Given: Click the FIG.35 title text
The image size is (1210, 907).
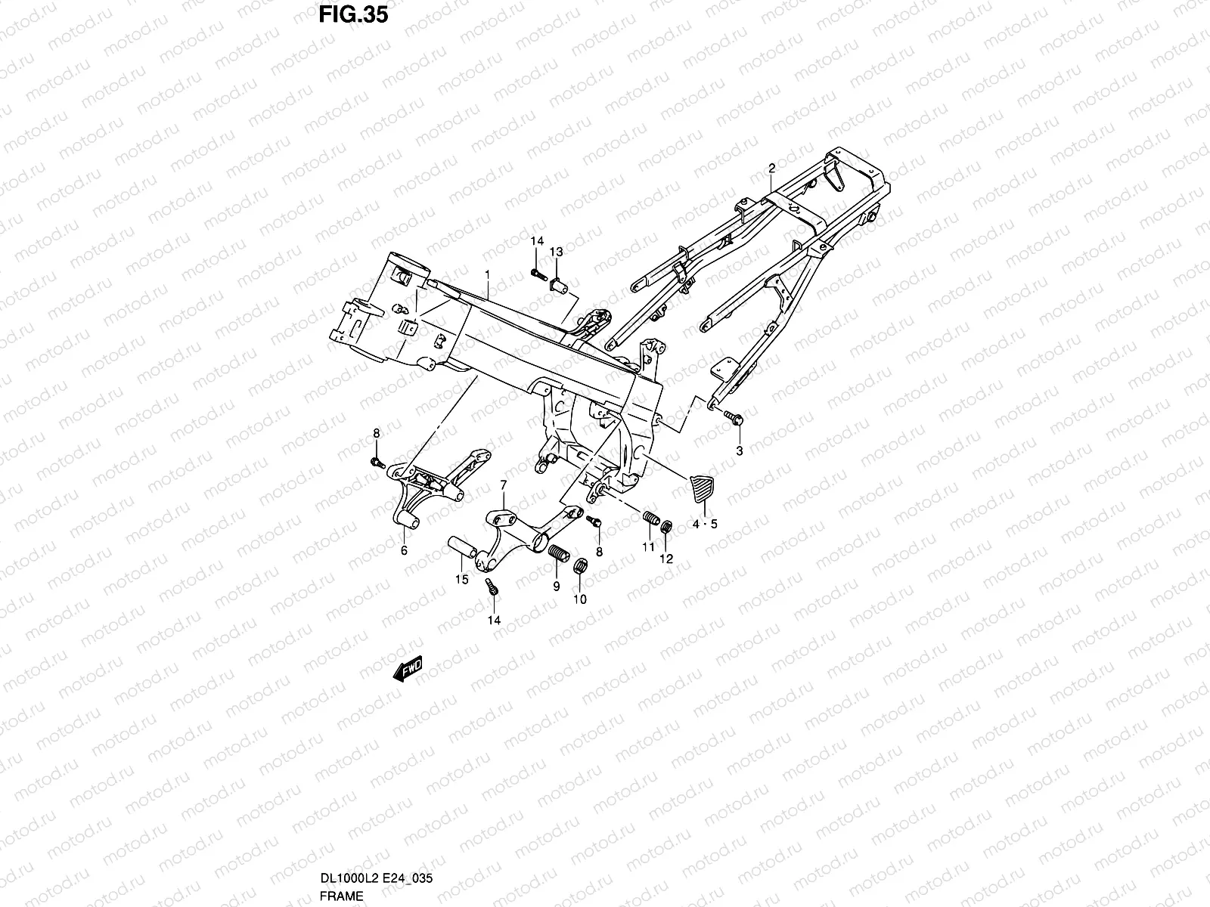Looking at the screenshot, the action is [x=353, y=15].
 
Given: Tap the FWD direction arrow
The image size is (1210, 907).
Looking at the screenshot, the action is [x=408, y=669].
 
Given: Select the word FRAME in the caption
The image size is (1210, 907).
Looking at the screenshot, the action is [x=341, y=896].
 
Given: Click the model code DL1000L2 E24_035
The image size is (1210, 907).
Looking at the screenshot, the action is [x=377, y=878].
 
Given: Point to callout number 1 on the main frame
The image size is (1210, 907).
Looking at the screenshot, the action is [x=487, y=274].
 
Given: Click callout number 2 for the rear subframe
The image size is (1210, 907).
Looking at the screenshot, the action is [x=772, y=168].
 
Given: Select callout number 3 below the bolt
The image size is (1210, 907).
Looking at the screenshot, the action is [x=739, y=451].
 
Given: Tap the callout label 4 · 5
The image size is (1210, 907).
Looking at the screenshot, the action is [x=705, y=525].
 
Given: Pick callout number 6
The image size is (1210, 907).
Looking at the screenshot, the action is [x=404, y=550].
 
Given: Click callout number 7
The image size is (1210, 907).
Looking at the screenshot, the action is [x=504, y=485].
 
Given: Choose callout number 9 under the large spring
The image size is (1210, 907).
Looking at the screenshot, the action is [x=556, y=587].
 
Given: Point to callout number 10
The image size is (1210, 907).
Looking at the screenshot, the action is [x=580, y=599].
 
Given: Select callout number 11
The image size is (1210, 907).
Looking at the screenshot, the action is [x=648, y=546].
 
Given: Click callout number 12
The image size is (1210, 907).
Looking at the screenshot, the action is [x=666, y=559].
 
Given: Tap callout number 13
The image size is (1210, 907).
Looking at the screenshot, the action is [x=556, y=252].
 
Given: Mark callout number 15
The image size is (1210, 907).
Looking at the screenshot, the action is [x=462, y=579].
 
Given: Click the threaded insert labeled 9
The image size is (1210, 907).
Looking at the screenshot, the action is [x=559, y=553].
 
